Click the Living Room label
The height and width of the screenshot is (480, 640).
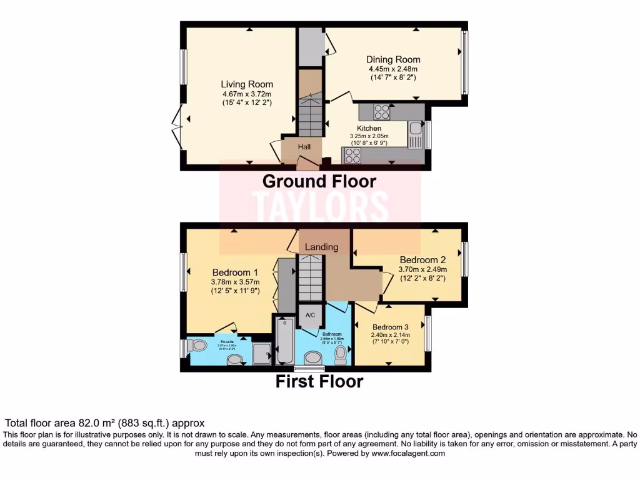click(x=247, y=84)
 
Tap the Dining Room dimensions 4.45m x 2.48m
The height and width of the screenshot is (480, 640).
click(x=393, y=69)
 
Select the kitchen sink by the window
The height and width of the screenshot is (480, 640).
click(x=416, y=136)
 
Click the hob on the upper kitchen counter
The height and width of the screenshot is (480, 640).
click(x=381, y=112)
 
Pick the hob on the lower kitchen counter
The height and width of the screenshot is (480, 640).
click(x=352, y=155)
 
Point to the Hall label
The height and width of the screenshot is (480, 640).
click(x=304, y=146)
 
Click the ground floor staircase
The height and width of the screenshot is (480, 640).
click(x=309, y=115)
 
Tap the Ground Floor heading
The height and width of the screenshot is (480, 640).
click(x=319, y=181)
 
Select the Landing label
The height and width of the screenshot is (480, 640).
click(x=321, y=247)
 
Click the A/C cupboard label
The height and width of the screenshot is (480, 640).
click(x=310, y=316)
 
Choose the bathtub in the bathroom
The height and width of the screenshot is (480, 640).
click(x=284, y=341)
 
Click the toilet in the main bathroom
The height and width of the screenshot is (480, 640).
click(x=341, y=354)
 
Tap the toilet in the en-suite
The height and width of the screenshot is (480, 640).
click(x=198, y=346)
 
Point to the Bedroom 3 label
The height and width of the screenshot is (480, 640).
click(x=391, y=327)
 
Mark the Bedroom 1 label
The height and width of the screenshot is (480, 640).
click(x=235, y=272)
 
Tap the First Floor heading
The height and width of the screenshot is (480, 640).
click(x=319, y=381)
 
